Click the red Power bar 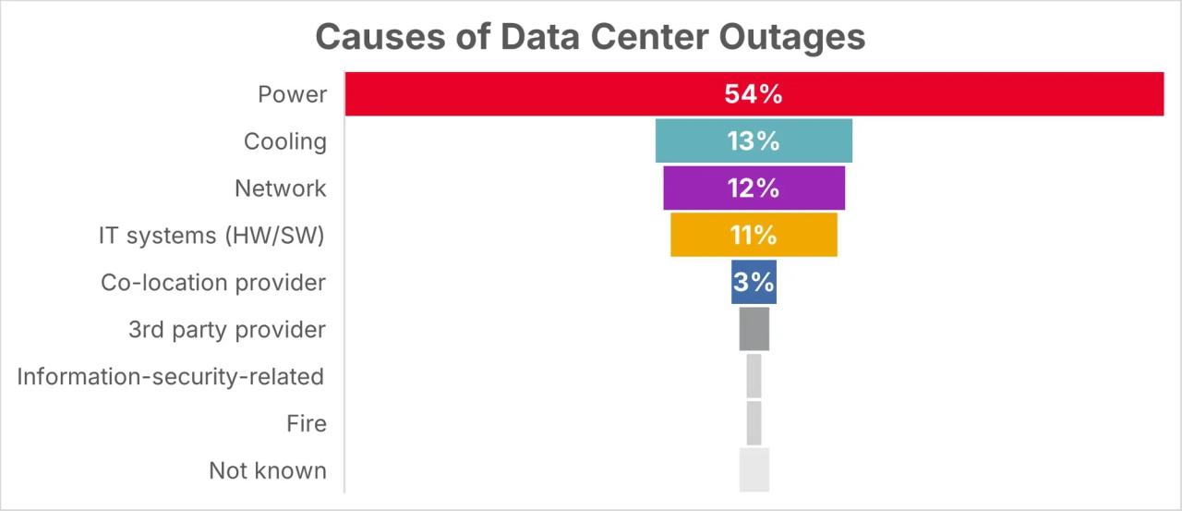click(754, 94)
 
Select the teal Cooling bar click(754, 141)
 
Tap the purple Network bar click(754, 188)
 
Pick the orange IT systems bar click(754, 235)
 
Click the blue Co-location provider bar click(754, 282)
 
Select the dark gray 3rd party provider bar click(754, 329)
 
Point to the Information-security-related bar click(754, 376)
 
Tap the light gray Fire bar click(754, 423)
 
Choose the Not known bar click(754, 469)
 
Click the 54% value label click(753, 94)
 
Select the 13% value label click(753, 141)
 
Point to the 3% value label click(754, 282)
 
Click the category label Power click(293, 94)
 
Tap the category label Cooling click(285, 141)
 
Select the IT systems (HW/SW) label click(211, 236)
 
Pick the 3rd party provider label click(227, 329)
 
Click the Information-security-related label click(171, 376)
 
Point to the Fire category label click(307, 423)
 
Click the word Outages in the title click(792, 38)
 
